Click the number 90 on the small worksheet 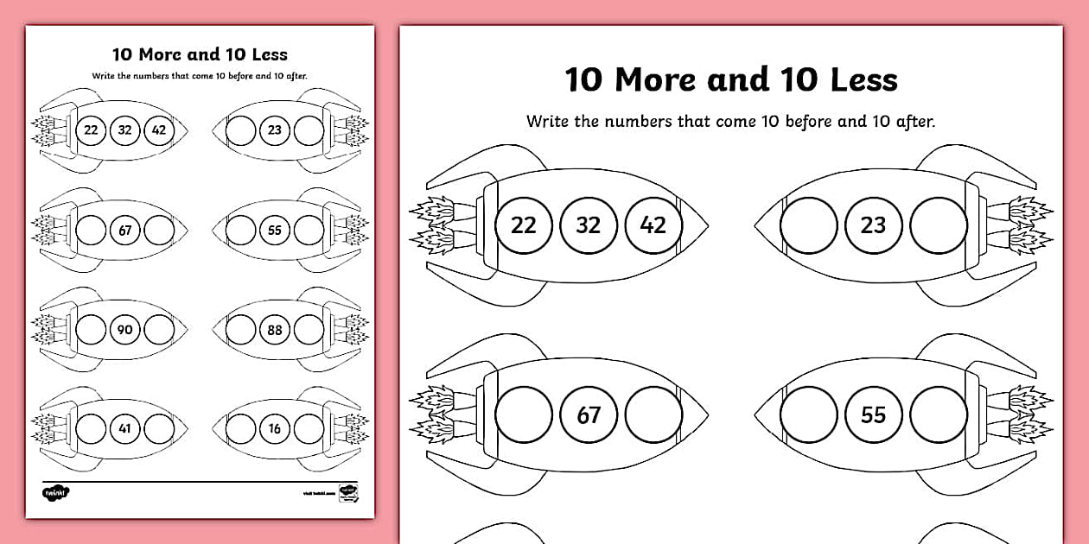125,329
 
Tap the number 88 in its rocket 276,329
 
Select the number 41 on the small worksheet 125,427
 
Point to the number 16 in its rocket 276,427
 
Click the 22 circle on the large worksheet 524,225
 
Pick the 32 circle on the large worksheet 589,225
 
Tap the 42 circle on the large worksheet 653,225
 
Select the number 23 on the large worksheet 873,225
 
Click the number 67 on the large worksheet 589,415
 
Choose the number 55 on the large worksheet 873,415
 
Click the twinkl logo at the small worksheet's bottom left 55,492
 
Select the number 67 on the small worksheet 125,231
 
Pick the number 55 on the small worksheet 276,231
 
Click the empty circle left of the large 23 808,225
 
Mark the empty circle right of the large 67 653,415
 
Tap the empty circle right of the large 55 939,415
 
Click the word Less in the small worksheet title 269,54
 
